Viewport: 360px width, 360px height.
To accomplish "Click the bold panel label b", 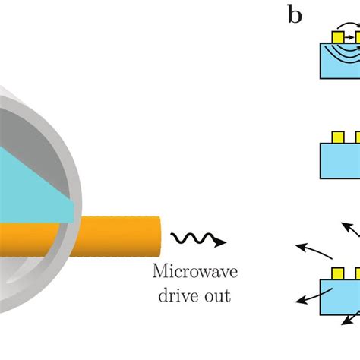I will (295, 15).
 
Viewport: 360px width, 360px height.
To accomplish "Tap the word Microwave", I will (189, 272).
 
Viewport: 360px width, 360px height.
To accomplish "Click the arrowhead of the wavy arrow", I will (220, 242).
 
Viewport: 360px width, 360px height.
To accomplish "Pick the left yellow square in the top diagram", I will (337, 35).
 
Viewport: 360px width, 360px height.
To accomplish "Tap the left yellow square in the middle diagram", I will (336, 138).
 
